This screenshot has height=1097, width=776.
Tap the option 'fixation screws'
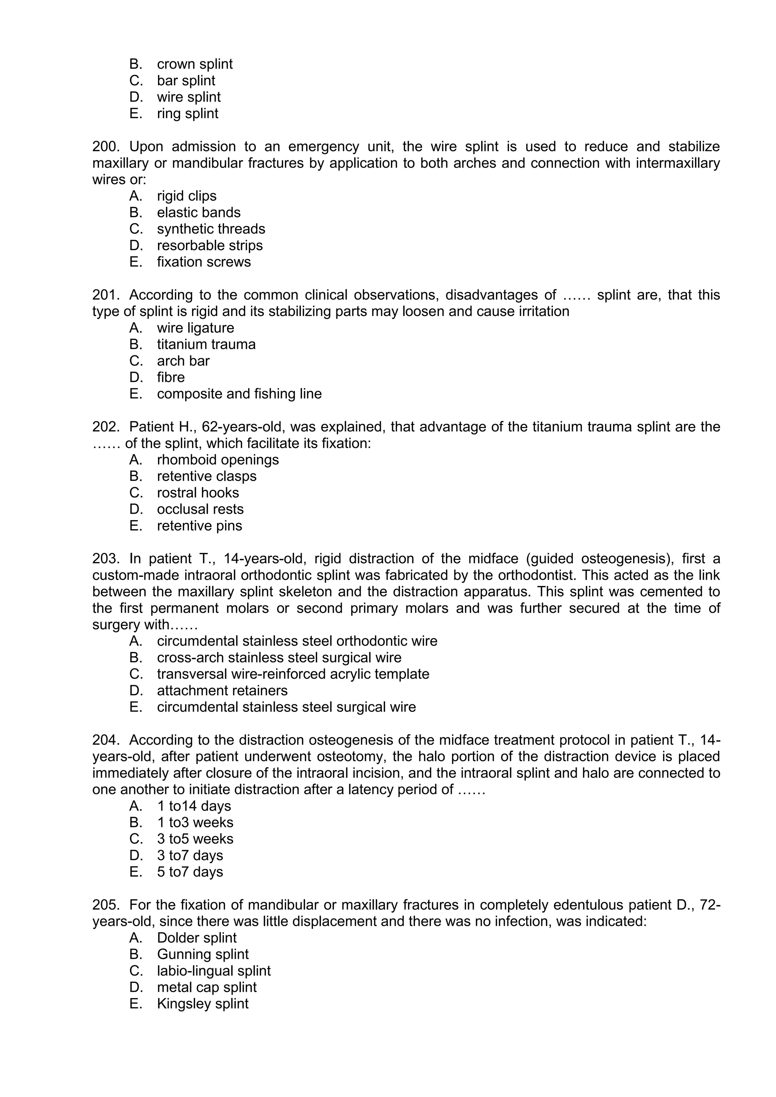[203, 262]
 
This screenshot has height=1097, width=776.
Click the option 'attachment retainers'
[222, 691]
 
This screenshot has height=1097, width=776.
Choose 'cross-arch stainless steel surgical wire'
[279, 658]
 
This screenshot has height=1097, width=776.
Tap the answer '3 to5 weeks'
[195, 839]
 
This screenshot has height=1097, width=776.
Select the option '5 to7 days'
[190, 872]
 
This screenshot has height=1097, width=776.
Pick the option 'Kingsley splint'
[203, 1004]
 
